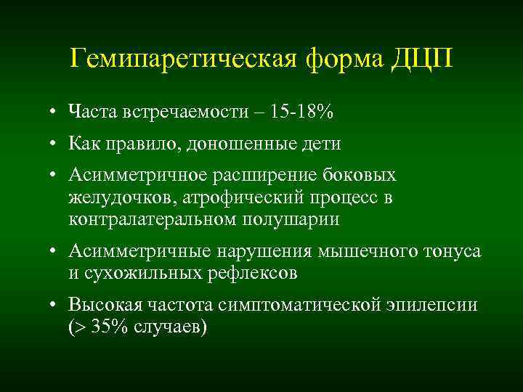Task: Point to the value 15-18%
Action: point(302,112)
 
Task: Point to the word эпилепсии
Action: point(433,305)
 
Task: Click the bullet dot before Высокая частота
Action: point(54,305)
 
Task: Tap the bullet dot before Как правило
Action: point(54,144)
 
